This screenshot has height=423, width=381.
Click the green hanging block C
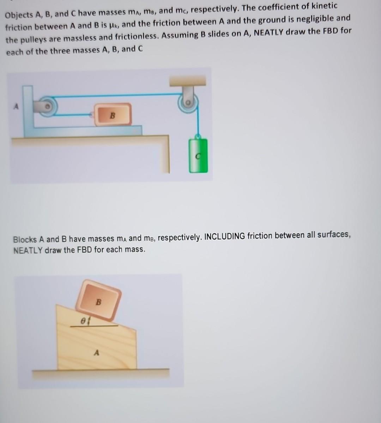coord(198,155)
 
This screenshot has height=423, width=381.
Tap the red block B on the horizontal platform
coord(113,115)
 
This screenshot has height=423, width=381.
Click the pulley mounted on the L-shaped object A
coord(48,106)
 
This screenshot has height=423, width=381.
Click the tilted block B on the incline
coord(98,300)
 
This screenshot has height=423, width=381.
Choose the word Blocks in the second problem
coord(25,239)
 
